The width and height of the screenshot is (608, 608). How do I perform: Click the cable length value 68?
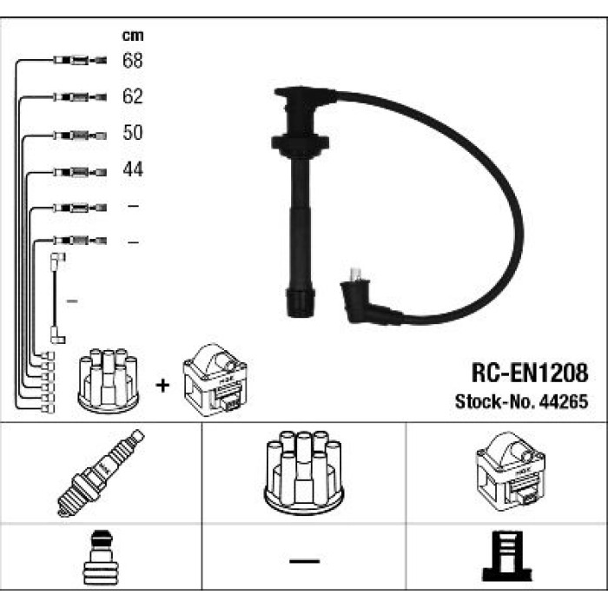point(133,60)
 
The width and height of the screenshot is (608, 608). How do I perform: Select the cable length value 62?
point(133,96)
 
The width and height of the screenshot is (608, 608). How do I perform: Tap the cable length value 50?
point(133,132)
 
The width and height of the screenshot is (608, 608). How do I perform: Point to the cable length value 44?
point(133,169)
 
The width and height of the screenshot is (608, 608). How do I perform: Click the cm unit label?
point(133,36)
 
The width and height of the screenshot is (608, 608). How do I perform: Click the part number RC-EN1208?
point(530,373)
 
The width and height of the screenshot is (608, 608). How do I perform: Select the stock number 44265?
point(564,401)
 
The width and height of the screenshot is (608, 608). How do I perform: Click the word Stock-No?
point(495,401)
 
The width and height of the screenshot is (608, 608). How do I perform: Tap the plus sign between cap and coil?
point(162,386)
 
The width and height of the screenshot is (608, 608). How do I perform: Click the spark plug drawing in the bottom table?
point(101,473)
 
